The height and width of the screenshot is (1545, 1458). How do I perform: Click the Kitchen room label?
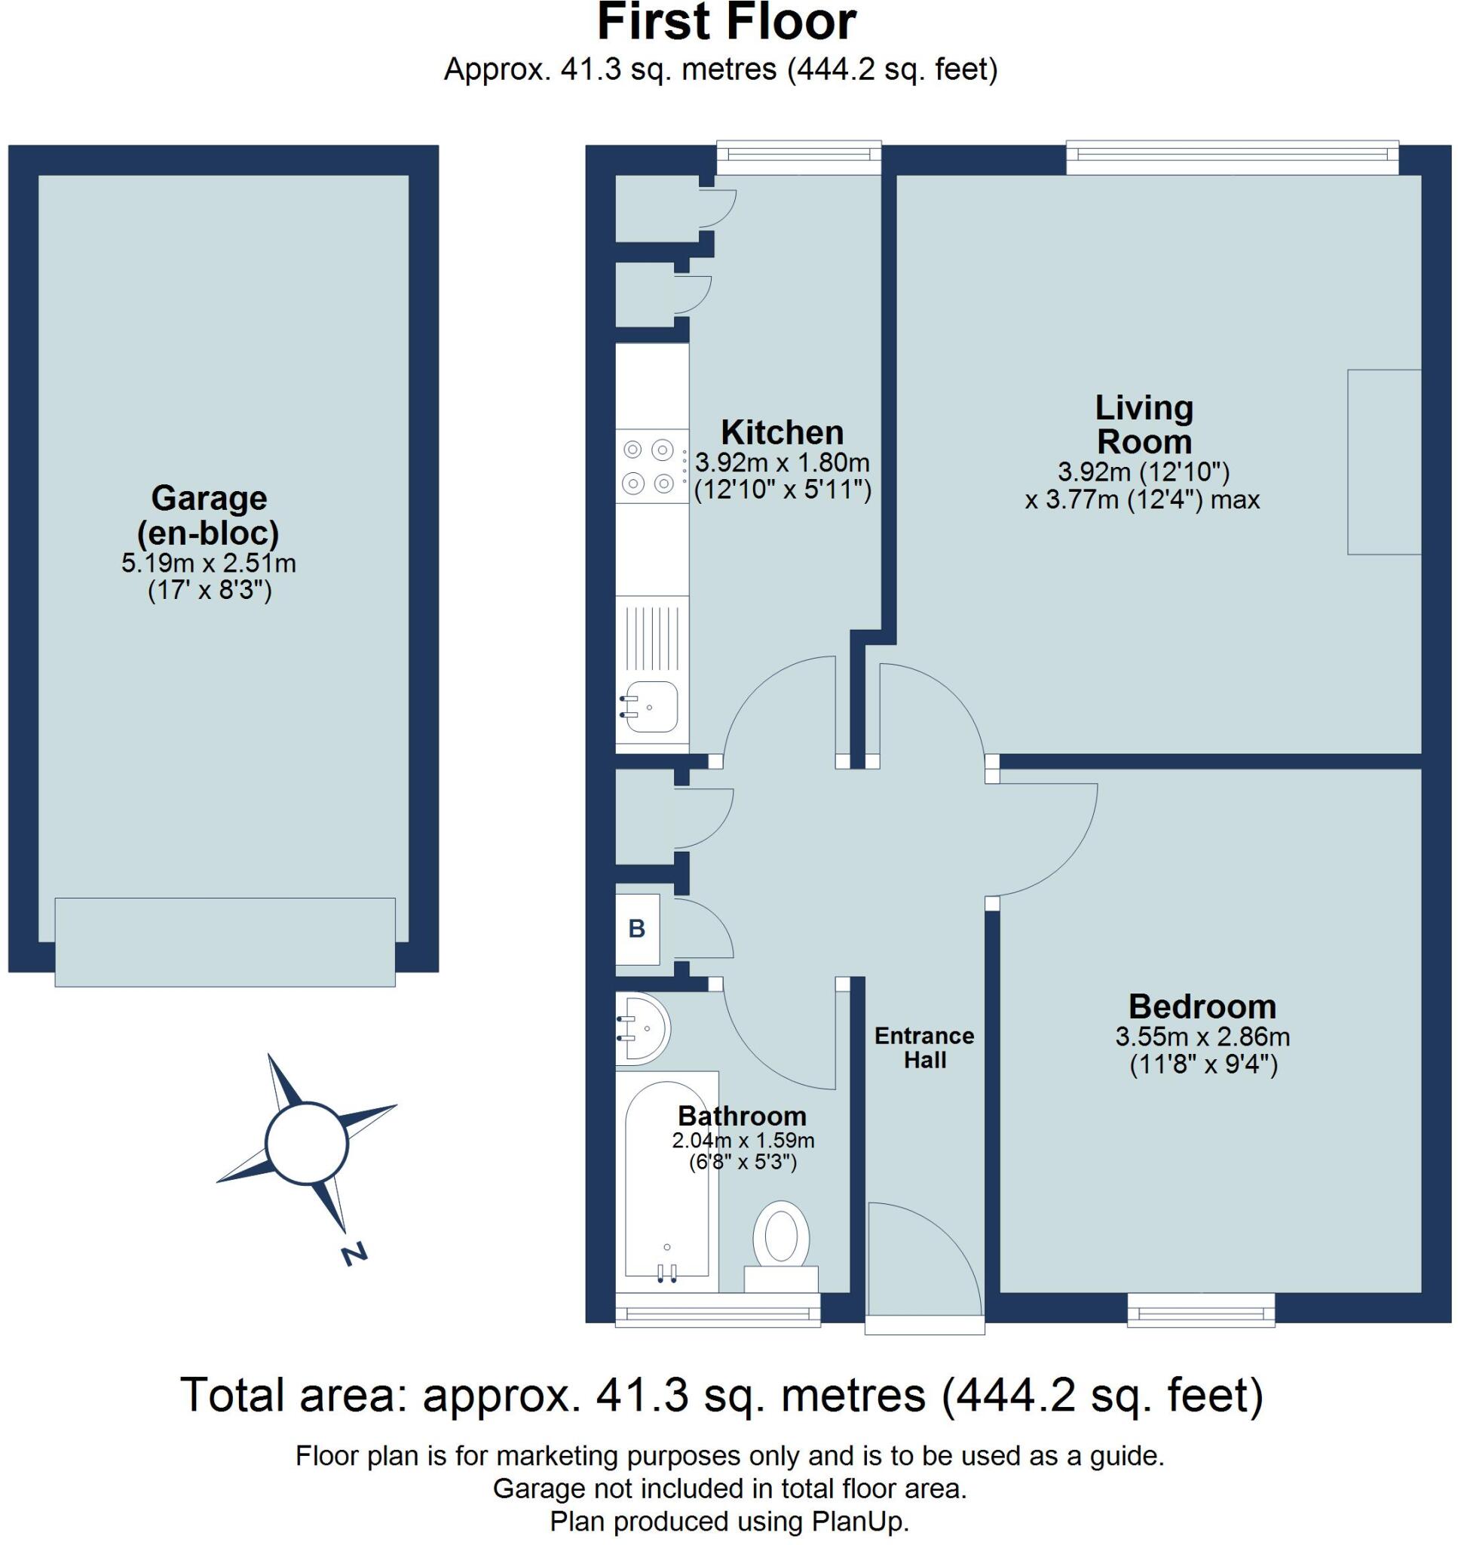(781, 432)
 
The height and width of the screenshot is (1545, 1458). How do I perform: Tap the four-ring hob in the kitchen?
(649, 466)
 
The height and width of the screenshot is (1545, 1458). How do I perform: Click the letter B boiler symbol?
(636, 929)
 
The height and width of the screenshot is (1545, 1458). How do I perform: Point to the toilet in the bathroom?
(781, 1243)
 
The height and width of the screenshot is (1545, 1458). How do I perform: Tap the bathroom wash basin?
(642, 1029)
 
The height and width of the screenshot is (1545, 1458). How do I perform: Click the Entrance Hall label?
(924, 1047)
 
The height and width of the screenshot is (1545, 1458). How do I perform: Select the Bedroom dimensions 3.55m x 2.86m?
(1202, 1037)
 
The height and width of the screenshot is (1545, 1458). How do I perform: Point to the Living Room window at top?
(1232, 158)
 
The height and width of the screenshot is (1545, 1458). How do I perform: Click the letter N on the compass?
(354, 1255)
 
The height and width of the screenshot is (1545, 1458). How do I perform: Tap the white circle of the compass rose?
(306, 1143)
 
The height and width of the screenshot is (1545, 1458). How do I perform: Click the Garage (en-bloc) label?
(208, 514)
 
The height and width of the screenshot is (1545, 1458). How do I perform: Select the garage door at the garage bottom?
(225, 942)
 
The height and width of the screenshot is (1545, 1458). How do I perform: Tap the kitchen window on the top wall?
(798, 158)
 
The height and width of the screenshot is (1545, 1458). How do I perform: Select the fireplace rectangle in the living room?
(1384, 462)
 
